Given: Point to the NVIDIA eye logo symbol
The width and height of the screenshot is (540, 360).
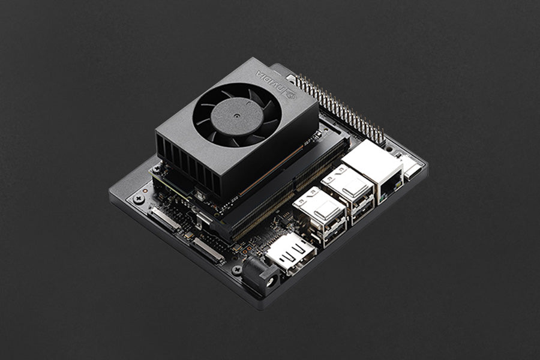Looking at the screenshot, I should [290, 93].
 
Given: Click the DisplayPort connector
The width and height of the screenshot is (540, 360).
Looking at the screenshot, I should [290, 252].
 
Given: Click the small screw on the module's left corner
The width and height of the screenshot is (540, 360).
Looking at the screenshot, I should [157, 170].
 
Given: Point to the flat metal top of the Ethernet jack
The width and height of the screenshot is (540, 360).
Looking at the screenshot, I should [372, 159].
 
